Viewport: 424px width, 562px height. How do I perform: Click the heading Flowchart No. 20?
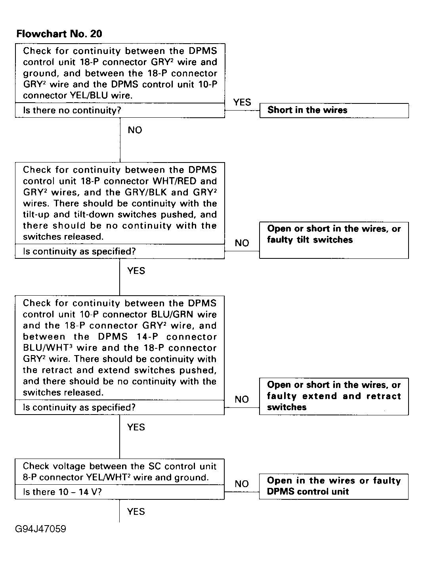click(59, 34)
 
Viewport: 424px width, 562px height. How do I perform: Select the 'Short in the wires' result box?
click(334, 110)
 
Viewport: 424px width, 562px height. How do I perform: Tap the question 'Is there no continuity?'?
click(72, 110)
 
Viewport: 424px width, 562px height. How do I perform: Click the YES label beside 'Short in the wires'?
click(242, 102)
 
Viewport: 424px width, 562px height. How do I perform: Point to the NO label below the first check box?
click(135, 130)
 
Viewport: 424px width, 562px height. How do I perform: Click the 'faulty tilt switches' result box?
click(334, 240)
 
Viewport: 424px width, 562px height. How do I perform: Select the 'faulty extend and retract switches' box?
click(334, 396)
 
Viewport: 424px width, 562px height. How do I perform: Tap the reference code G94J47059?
click(41, 529)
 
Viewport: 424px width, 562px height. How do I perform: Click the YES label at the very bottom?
click(136, 512)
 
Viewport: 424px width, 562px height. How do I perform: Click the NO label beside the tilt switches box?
click(242, 243)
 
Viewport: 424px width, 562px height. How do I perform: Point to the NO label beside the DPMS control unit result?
click(242, 484)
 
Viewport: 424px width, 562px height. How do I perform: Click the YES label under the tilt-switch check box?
click(136, 271)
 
